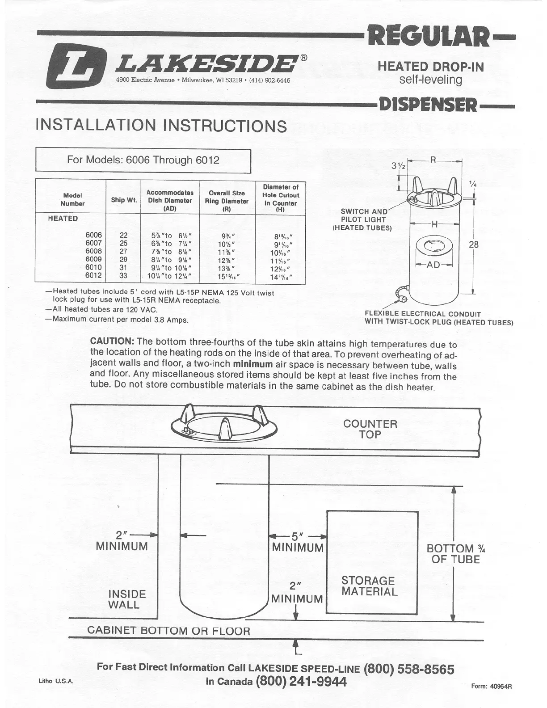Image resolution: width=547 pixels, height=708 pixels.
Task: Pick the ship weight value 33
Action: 123,276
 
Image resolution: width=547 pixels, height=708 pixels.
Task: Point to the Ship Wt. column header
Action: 124,200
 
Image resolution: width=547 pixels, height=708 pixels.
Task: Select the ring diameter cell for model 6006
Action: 227,236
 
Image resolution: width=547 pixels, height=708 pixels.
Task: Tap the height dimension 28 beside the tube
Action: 474,244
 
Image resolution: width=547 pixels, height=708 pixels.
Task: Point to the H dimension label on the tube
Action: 434,225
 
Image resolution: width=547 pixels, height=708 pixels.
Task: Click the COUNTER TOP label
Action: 370,429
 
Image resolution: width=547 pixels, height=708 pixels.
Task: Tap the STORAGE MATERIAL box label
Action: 369,586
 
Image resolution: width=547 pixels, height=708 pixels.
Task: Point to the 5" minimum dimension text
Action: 298,542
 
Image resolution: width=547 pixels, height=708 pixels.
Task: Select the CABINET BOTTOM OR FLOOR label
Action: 168,631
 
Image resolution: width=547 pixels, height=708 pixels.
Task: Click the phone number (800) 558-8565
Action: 409,669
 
